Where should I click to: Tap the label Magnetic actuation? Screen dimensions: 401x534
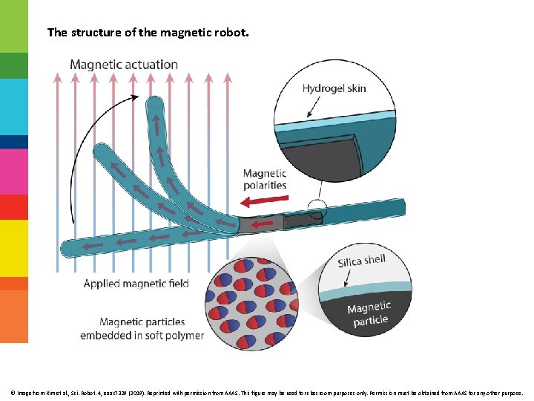pos(124,65)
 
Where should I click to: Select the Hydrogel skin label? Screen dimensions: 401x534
pos(334,88)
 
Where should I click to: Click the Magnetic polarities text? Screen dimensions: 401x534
pos(265,179)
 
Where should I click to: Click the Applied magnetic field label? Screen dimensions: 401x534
pos(136,283)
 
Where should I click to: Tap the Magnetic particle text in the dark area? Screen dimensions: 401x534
pos(369,313)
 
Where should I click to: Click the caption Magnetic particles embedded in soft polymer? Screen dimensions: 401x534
pos(142,328)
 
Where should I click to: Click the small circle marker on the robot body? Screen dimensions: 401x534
pos(317,210)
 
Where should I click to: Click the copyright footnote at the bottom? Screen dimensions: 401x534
pos(266,392)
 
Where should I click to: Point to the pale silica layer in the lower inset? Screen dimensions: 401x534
pos(371,287)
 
